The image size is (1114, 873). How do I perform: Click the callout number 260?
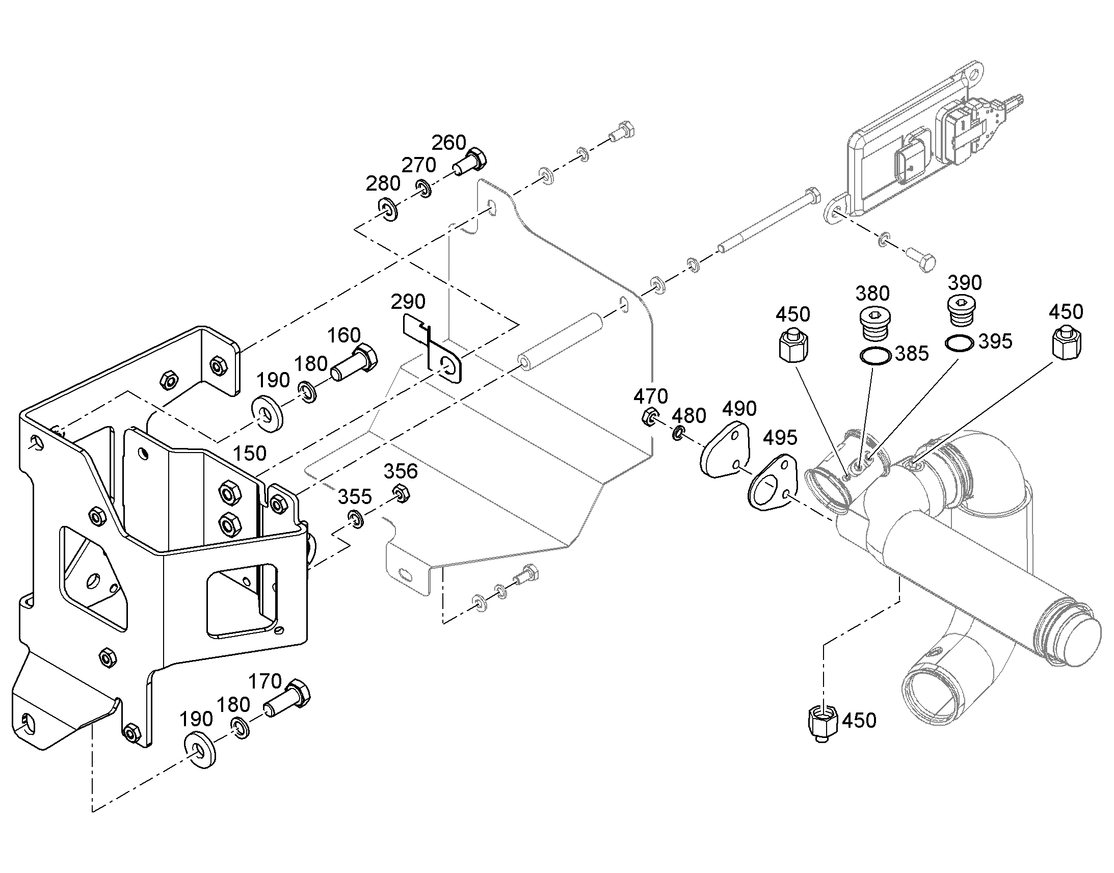(448, 143)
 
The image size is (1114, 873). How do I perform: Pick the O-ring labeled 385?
(876, 355)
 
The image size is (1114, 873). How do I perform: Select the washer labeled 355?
(356, 519)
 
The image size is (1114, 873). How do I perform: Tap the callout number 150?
(249, 453)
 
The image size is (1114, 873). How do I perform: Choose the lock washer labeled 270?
(423, 188)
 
